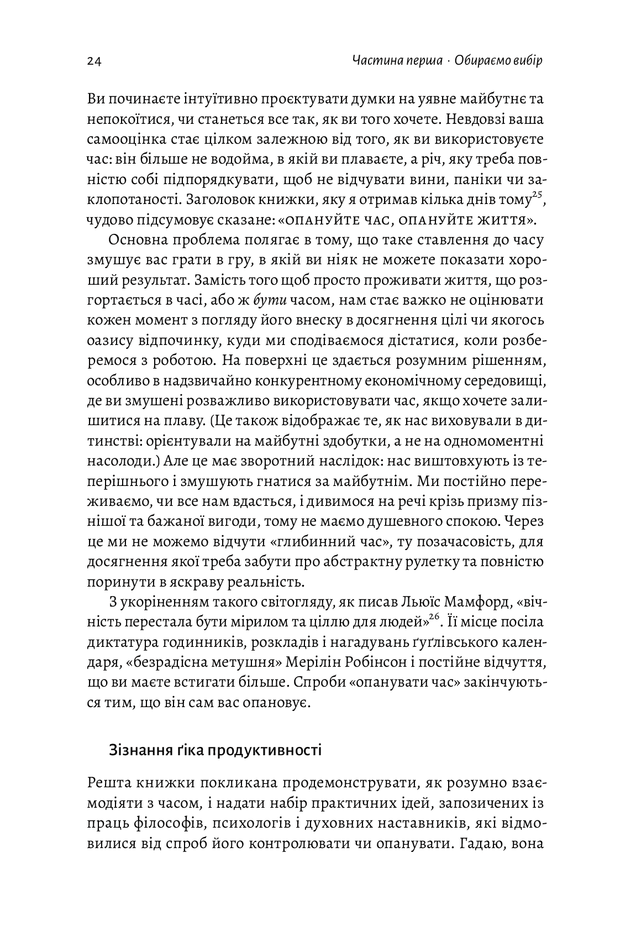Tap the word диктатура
(122, 641)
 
